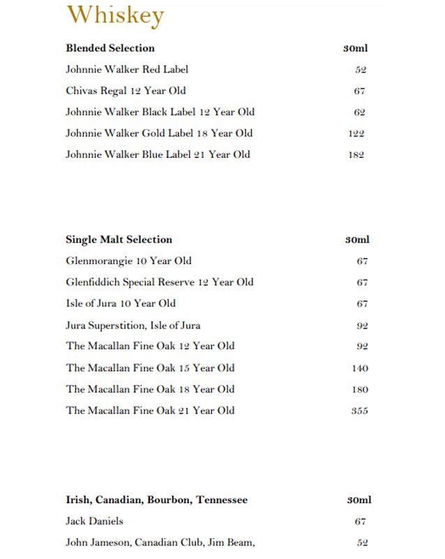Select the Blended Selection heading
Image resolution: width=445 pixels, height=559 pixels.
click(x=110, y=48)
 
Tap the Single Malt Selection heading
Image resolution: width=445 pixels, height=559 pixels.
click(x=119, y=240)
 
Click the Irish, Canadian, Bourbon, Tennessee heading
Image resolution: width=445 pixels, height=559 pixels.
click(x=156, y=500)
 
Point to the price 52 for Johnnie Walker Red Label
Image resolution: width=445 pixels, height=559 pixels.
click(x=360, y=70)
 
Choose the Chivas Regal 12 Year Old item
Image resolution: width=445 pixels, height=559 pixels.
click(x=126, y=91)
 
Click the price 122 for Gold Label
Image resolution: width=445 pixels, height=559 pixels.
click(x=356, y=133)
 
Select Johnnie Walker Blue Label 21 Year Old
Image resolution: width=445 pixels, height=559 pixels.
click(x=158, y=154)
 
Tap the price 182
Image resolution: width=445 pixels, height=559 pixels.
click(x=356, y=155)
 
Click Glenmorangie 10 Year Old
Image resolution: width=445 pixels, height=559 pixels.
click(x=128, y=261)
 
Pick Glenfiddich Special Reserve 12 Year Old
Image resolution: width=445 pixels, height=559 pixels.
click(x=160, y=282)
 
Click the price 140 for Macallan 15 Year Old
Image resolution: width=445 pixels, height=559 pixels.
click(x=360, y=368)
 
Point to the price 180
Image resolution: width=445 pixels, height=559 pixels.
click(x=360, y=390)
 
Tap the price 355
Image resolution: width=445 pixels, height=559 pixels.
click(x=360, y=411)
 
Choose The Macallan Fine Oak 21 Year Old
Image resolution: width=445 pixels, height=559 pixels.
click(x=150, y=411)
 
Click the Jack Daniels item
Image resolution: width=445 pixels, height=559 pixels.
click(x=94, y=521)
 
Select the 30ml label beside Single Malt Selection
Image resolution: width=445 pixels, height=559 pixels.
click(x=357, y=240)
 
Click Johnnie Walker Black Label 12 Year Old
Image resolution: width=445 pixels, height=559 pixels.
click(x=160, y=112)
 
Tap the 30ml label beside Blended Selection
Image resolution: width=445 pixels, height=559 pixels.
click(x=356, y=48)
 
